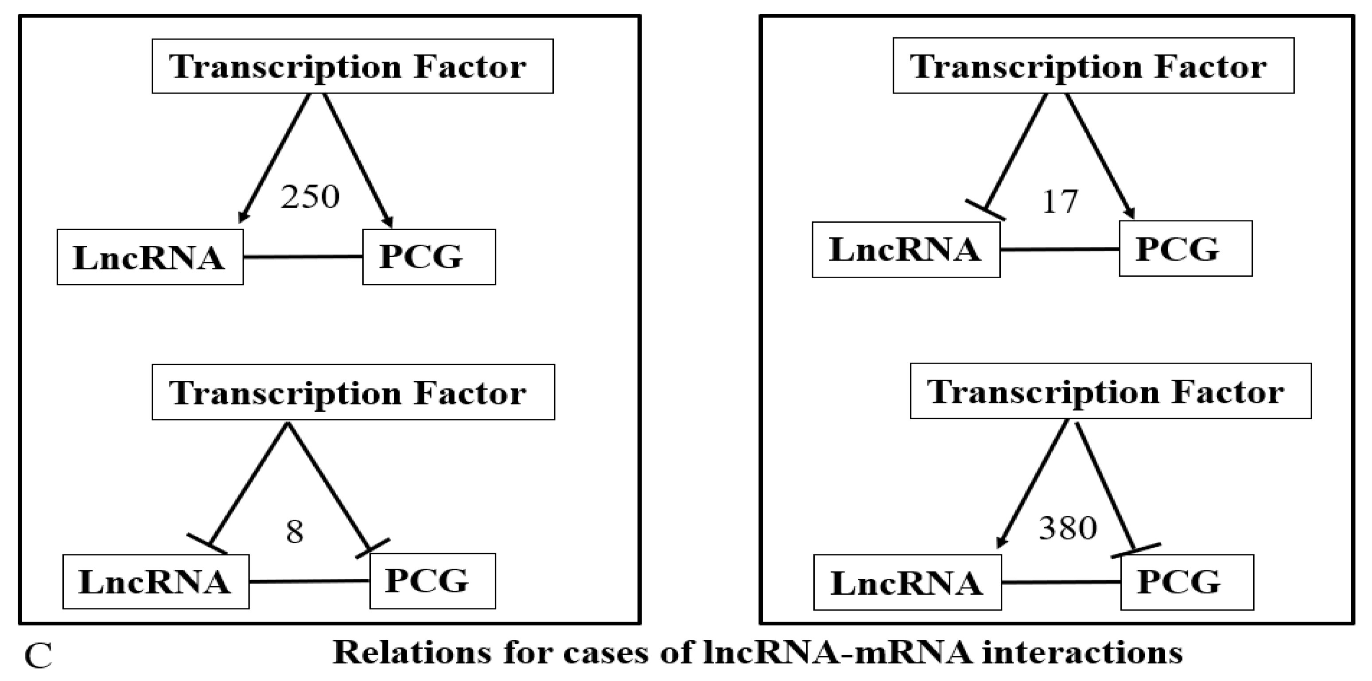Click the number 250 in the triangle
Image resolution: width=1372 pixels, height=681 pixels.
[x=310, y=197]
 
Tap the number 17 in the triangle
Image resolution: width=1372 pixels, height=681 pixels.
[x=1059, y=202]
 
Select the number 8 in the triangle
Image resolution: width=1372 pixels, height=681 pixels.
[x=295, y=531]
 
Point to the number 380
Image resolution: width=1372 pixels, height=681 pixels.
[x=1068, y=529]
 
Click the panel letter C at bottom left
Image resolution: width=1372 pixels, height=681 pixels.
[x=39, y=657]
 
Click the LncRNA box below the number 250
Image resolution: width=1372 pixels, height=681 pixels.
[x=150, y=258]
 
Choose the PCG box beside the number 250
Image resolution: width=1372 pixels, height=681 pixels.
[x=429, y=257]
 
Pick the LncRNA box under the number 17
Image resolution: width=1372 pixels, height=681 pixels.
[x=906, y=250]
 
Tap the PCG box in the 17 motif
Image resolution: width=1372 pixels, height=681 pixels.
[x=1185, y=249]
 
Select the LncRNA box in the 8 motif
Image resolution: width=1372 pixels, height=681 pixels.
[x=155, y=582]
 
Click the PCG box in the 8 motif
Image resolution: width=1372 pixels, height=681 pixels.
[x=432, y=581]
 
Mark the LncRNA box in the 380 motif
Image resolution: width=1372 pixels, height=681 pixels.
[x=907, y=583]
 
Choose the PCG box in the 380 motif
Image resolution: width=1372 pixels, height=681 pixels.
[x=1187, y=583]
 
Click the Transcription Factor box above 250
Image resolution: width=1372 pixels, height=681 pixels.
[x=352, y=66]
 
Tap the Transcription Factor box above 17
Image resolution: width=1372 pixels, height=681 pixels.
[x=1093, y=66]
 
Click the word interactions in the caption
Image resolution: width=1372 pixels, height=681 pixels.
[x=1082, y=652]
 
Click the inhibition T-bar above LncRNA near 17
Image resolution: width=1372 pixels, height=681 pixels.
[x=985, y=210]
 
